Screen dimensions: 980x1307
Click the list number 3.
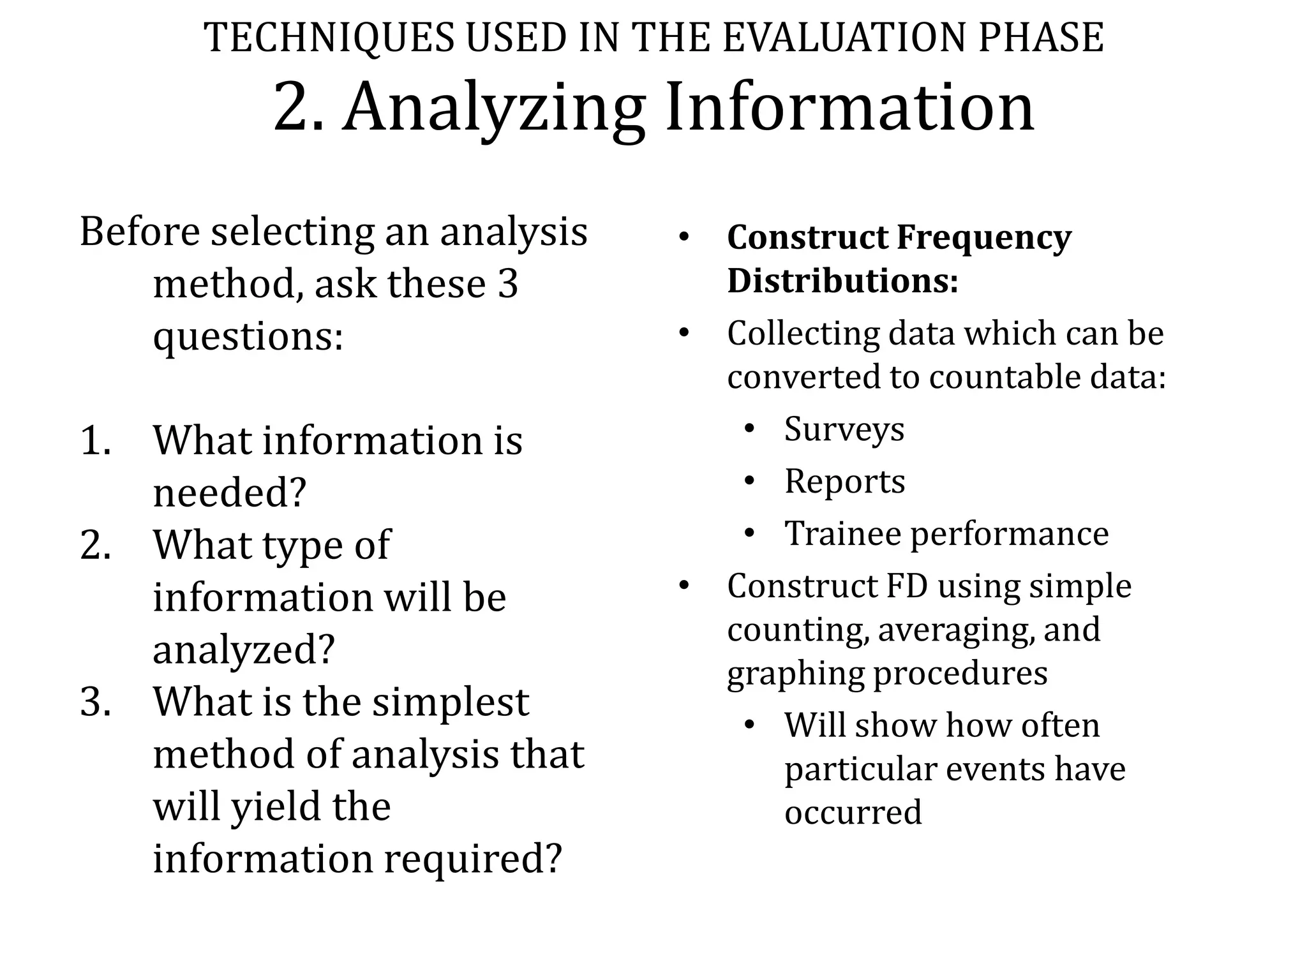coord(96,702)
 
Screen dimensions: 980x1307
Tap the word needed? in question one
coord(230,493)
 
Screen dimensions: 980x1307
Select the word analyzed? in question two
coord(244,650)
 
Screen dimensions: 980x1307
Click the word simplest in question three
coord(451,702)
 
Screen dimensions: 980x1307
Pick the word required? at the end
coord(473,859)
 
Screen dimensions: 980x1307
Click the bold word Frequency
coord(984,239)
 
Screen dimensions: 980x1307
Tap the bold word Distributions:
coord(842,281)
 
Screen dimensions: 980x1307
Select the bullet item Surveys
coord(844,429)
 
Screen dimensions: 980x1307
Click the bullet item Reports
coord(844,481)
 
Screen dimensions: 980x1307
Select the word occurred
coord(853,812)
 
